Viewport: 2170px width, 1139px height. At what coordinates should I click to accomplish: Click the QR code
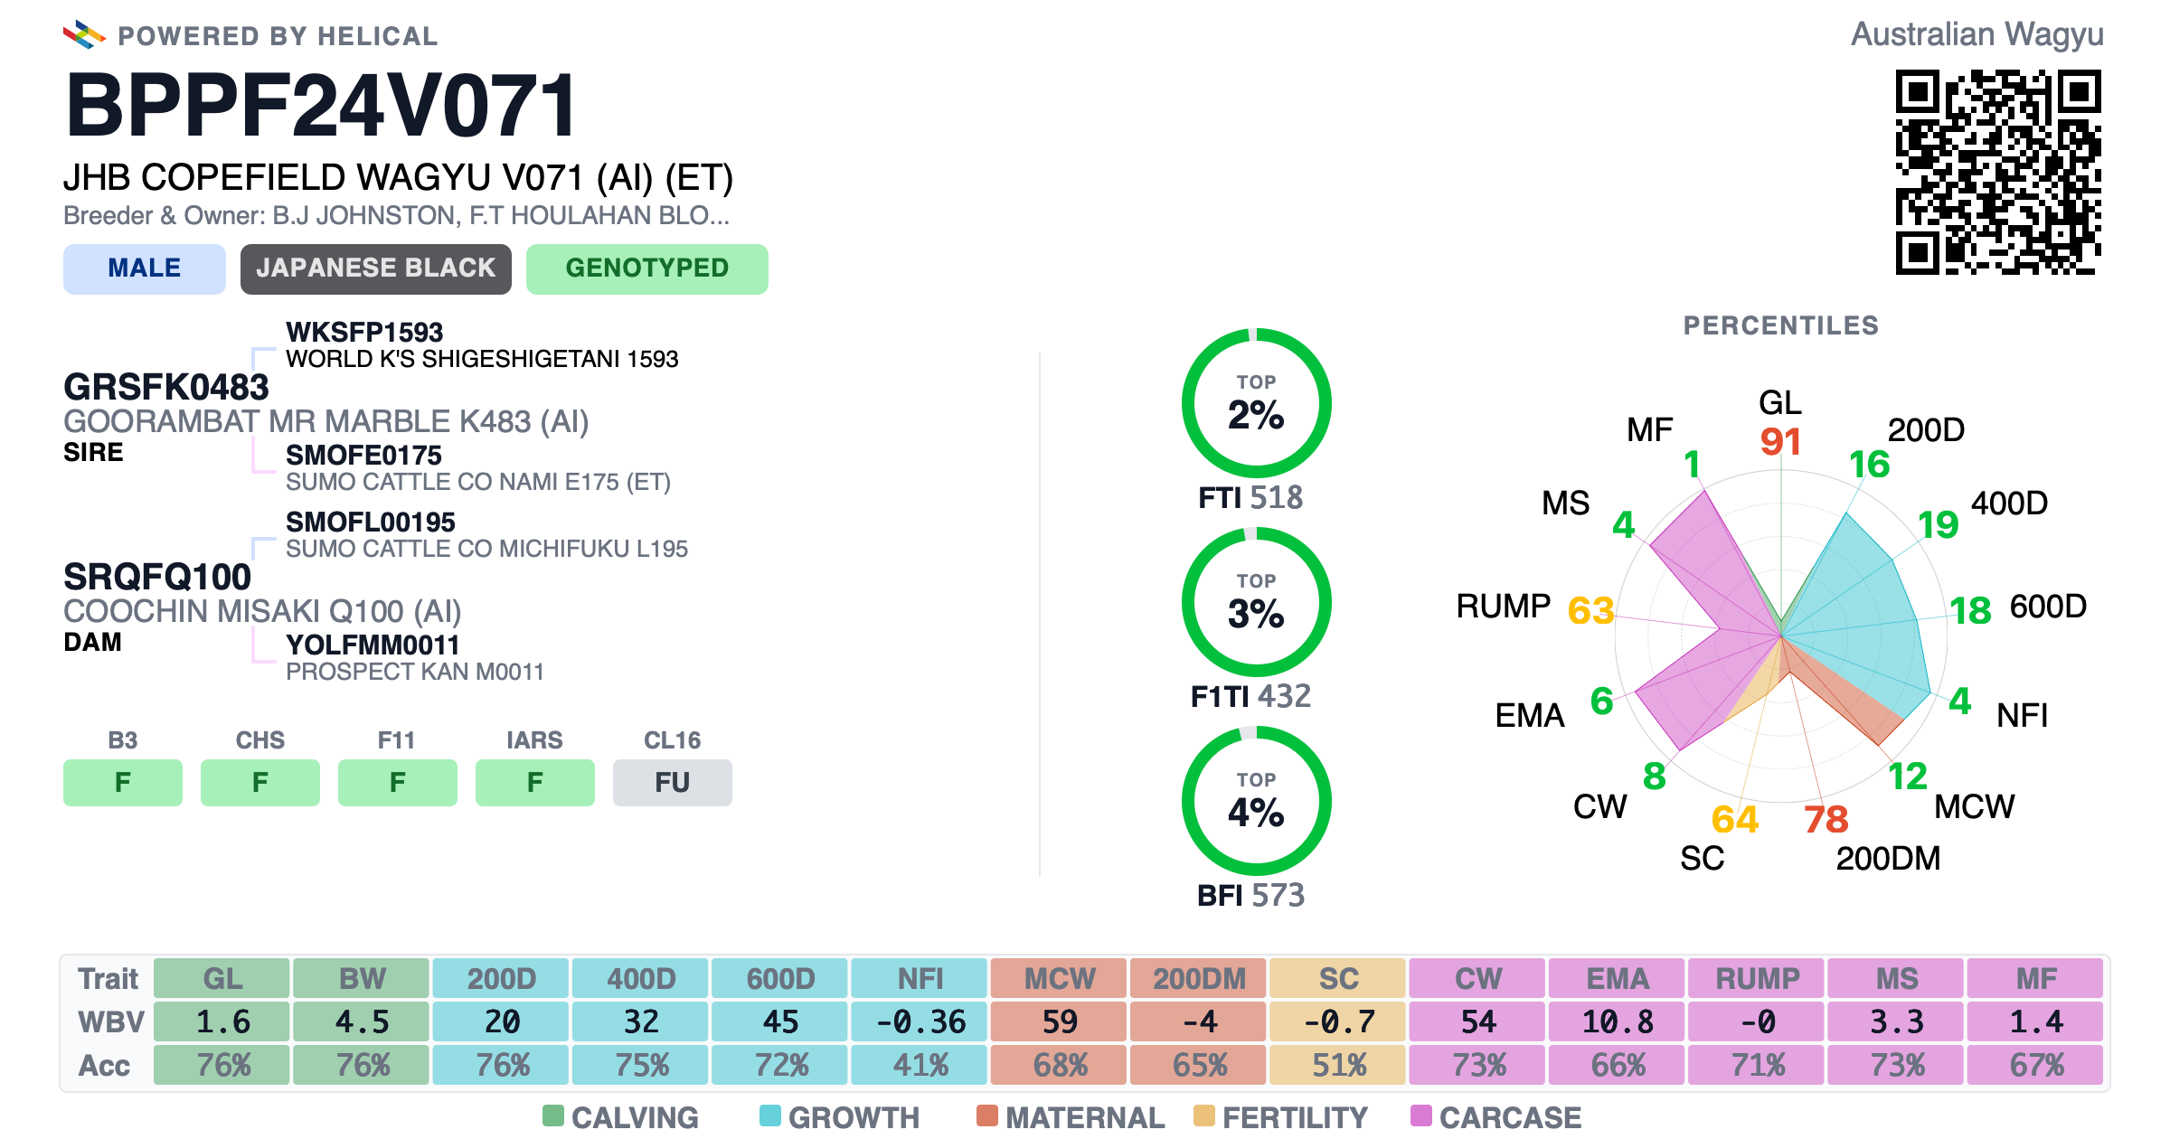pos(1998,172)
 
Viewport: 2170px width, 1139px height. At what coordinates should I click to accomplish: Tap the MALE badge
pos(145,268)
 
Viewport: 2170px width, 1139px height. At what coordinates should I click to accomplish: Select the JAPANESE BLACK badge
pos(376,268)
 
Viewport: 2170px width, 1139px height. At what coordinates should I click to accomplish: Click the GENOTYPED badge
pos(647,268)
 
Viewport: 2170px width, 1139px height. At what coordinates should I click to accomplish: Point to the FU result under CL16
pos(673,782)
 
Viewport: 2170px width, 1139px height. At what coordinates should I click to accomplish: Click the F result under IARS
pos(535,782)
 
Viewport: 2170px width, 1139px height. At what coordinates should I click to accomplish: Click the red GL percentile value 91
pos(1780,442)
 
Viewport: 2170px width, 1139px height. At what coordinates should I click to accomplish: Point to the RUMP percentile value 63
pos(1591,611)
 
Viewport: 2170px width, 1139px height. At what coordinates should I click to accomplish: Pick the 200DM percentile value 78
pos(1826,820)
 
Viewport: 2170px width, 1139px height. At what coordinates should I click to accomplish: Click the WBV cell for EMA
pos(1618,1021)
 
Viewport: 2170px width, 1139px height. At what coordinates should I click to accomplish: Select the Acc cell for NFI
pos(920,1065)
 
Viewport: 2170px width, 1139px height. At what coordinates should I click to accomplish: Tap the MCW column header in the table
pos(1060,978)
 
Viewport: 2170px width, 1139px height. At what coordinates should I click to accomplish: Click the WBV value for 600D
pos(781,1021)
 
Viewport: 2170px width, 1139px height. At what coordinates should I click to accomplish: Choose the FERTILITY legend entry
pos(1281,1117)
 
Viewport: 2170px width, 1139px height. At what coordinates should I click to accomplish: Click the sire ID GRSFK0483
pos(166,387)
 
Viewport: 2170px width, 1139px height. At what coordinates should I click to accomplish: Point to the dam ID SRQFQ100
pos(157,577)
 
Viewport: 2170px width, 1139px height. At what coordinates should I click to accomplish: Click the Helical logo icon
pos(84,34)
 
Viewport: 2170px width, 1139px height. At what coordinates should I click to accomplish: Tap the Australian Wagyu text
pos(1977,34)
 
